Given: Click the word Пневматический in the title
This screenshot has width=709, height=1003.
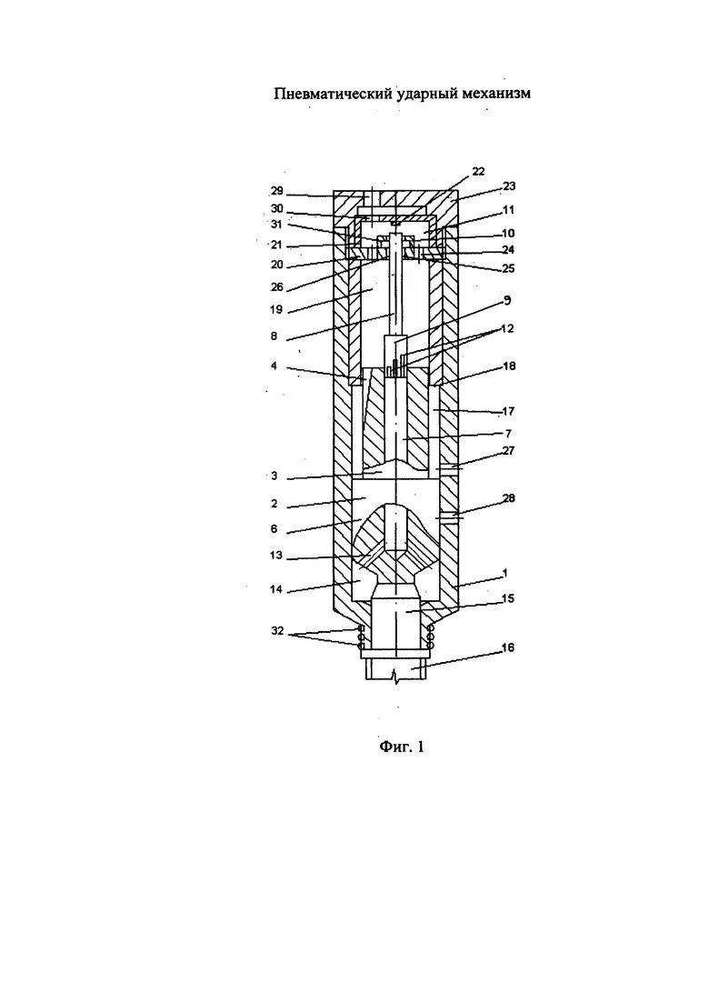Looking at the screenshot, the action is pos(333,94).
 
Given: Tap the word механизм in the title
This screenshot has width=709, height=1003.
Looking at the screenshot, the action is pos(493,94).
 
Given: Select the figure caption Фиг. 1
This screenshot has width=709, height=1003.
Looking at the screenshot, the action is pos(402,747).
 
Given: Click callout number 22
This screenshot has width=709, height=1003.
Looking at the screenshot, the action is pos(478,171).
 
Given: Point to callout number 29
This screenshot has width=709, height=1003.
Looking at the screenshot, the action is pos(277,191).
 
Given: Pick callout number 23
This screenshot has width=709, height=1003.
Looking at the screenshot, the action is pos(509,186).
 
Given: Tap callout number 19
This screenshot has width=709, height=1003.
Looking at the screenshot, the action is pos(276,309).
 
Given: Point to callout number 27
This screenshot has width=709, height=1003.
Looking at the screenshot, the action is pos(509,449).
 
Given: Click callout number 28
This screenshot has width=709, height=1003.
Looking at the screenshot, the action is pos(509,498).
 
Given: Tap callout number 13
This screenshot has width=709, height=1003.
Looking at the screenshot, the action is pos(276,555).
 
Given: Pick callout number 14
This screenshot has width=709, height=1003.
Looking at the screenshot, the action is pos(276,590).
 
